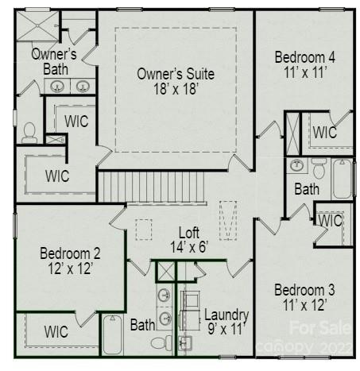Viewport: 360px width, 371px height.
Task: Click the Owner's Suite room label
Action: [x=175, y=74]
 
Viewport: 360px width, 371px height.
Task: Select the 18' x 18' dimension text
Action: [x=175, y=89]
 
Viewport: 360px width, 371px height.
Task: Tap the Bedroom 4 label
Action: [x=305, y=58]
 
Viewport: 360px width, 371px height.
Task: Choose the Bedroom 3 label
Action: [x=305, y=289]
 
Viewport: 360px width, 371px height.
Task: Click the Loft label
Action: [x=188, y=233]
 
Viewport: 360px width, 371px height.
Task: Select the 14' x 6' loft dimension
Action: [x=188, y=247]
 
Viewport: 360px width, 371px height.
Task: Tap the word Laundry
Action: [x=226, y=315]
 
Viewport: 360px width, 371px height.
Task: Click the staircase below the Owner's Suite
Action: [x=151, y=187]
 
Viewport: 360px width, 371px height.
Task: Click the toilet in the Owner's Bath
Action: [x=31, y=132]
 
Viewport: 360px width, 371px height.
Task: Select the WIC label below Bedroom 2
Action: [x=56, y=331]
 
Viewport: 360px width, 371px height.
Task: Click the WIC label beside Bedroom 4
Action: [x=324, y=133]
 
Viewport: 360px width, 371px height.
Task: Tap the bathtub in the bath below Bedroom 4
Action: [x=343, y=179]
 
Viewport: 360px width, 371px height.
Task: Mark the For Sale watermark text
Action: [x=318, y=327]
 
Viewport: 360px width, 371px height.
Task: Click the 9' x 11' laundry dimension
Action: [x=226, y=328]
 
